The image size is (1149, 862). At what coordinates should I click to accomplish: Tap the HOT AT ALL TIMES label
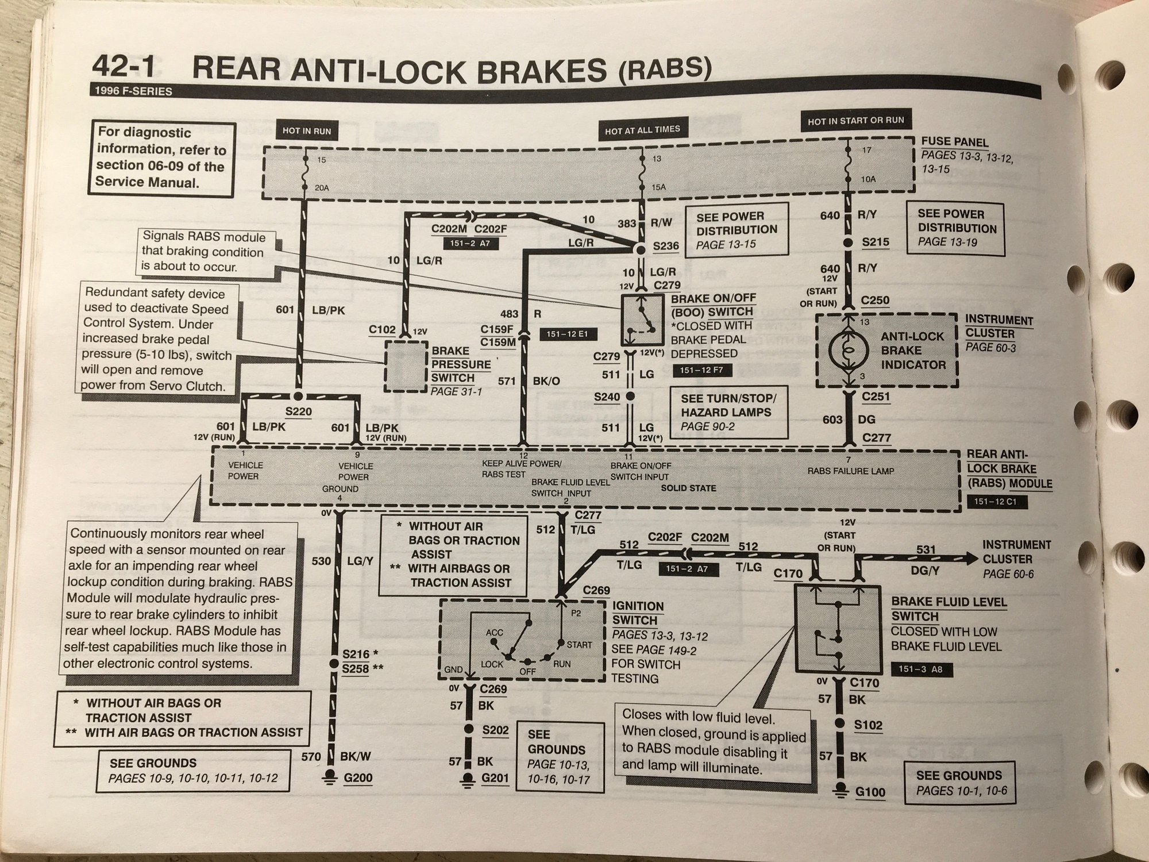click(642, 130)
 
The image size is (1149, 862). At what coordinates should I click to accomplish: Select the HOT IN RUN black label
click(306, 131)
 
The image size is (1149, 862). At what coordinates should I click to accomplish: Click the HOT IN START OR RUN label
click(855, 121)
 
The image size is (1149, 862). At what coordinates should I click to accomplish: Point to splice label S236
click(666, 246)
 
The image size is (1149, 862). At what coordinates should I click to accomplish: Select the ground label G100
click(870, 792)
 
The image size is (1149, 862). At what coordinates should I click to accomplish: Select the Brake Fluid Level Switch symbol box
click(838, 629)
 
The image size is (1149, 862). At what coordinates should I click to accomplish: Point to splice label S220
click(298, 411)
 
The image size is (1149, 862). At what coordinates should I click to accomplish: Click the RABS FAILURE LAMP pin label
click(851, 471)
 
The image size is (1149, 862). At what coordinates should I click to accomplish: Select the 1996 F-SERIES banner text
click(132, 91)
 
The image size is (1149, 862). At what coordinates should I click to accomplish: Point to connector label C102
click(382, 330)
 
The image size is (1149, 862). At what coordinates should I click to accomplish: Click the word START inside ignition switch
click(579, 644)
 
